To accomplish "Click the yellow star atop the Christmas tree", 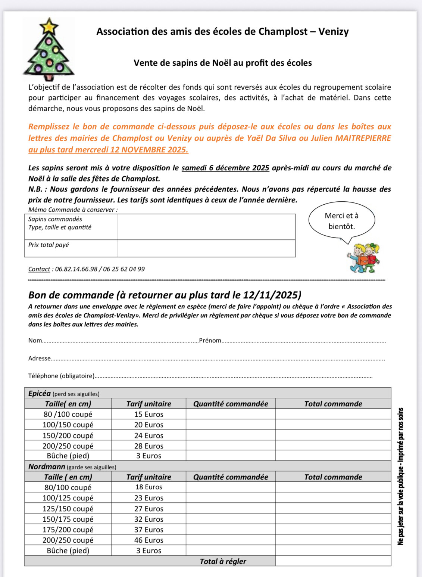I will (49, 26).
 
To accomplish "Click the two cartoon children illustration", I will (364, 258).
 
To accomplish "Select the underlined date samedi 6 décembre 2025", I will (225, 168).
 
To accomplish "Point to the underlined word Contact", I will (39, 269).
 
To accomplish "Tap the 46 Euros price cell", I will (149, 540).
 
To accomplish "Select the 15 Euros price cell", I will (149, 414).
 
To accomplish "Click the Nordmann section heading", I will (47, 467).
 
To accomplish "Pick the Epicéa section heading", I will (40, 394).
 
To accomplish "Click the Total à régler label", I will (223, 561).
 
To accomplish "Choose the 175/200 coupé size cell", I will (68, 530).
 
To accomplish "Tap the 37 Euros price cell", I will (149, 530).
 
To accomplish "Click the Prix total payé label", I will (49, 245).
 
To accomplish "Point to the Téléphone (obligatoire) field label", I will (61, 376).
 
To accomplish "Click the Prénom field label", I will (210, 341).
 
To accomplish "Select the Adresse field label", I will (39, 359).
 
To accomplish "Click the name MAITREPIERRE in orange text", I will (363, 138).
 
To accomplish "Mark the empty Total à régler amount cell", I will (333, 561).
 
